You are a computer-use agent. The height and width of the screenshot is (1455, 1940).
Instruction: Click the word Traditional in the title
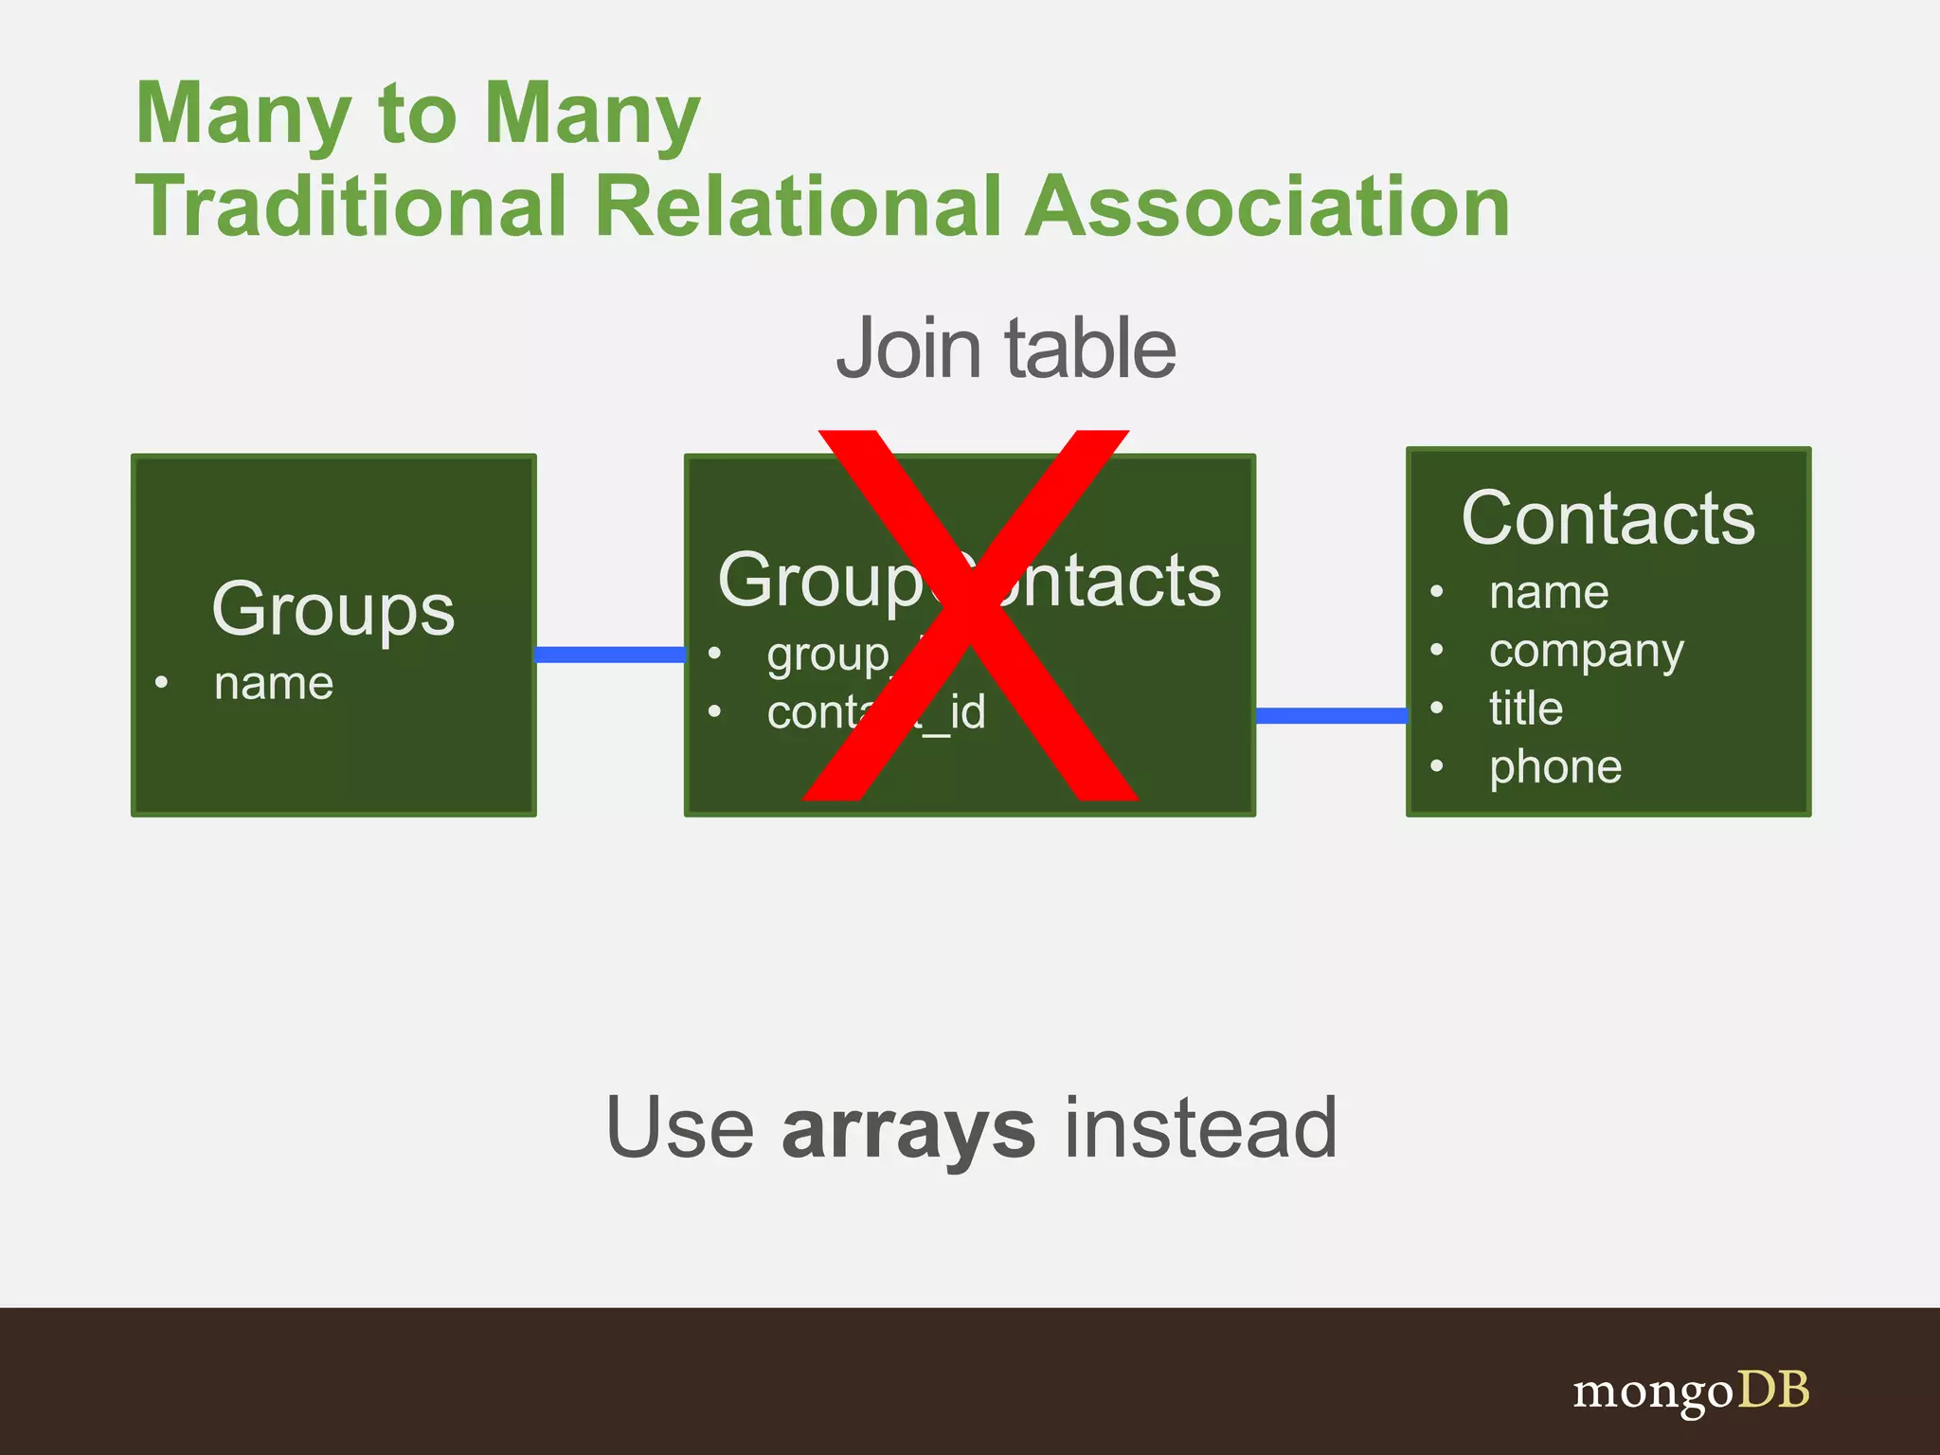point(351,207)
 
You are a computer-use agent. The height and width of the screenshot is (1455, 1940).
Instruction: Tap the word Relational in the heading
point(797,207)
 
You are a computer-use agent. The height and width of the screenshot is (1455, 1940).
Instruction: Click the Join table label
point(1006,349)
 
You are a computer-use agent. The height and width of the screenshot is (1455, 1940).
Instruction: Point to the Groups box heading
point(333,608)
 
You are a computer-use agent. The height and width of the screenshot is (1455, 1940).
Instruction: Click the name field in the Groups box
point(274,683)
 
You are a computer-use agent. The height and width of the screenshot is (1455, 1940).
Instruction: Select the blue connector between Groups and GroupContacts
point(610,655)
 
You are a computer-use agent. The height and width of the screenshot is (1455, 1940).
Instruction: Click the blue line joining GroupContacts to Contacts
point(1331,715)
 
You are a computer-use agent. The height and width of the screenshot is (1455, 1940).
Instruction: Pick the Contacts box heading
point(1608,518)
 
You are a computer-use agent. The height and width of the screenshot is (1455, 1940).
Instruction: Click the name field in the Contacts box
point(1549,593)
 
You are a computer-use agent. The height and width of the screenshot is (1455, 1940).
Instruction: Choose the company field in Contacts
point(1587,652)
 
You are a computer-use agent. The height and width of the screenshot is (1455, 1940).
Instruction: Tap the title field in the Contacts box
point(1526,709)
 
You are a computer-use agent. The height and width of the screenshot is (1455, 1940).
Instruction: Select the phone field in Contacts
point(1555,767)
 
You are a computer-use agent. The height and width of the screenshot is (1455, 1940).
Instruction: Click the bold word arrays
point(908,1129)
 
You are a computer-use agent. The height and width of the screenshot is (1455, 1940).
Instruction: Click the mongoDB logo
point(1691,1392)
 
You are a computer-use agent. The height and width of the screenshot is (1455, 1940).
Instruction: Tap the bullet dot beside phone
point(1437,765)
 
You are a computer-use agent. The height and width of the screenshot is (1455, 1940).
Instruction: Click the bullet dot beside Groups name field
point(162,682)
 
